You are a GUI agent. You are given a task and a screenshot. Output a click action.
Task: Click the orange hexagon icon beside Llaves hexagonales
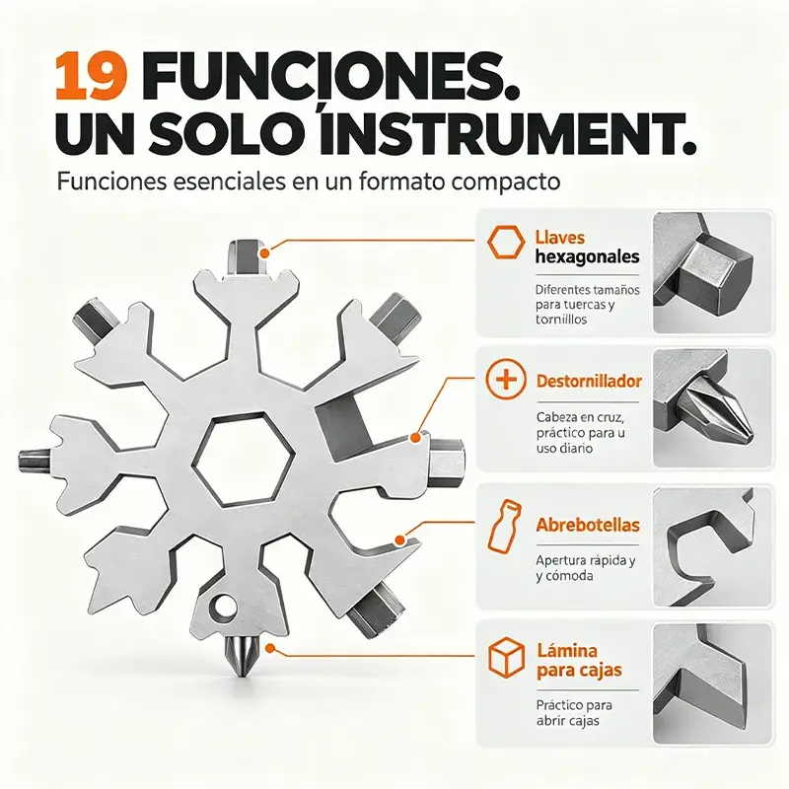(x=506, y=242)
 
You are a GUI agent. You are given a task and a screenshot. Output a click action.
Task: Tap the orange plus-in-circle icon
(x=506, y=379)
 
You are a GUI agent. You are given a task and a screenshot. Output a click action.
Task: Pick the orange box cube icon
(x=506, y=657)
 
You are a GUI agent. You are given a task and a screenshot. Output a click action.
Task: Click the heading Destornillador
(x=589, y=381)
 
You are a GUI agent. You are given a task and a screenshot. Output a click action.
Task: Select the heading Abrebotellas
(x=588, y=525)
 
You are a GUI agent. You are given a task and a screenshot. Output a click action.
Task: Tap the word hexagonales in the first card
(x=587, y=257)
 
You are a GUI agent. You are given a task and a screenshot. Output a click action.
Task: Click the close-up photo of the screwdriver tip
(x=712, y=408)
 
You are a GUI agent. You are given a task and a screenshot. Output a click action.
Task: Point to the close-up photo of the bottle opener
(x=712, y=546)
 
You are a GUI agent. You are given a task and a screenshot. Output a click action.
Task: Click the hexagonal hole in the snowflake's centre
(x=243, y=459)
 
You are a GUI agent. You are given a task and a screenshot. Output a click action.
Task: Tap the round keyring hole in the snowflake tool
(x=224, y=606)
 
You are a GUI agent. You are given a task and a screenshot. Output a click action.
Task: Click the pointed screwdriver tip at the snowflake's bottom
(x=243, y=656)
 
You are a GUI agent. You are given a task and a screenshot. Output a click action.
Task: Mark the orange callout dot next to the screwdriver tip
(x=270, y=648)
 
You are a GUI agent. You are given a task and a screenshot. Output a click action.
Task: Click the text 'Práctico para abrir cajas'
(x=574, y=712)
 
